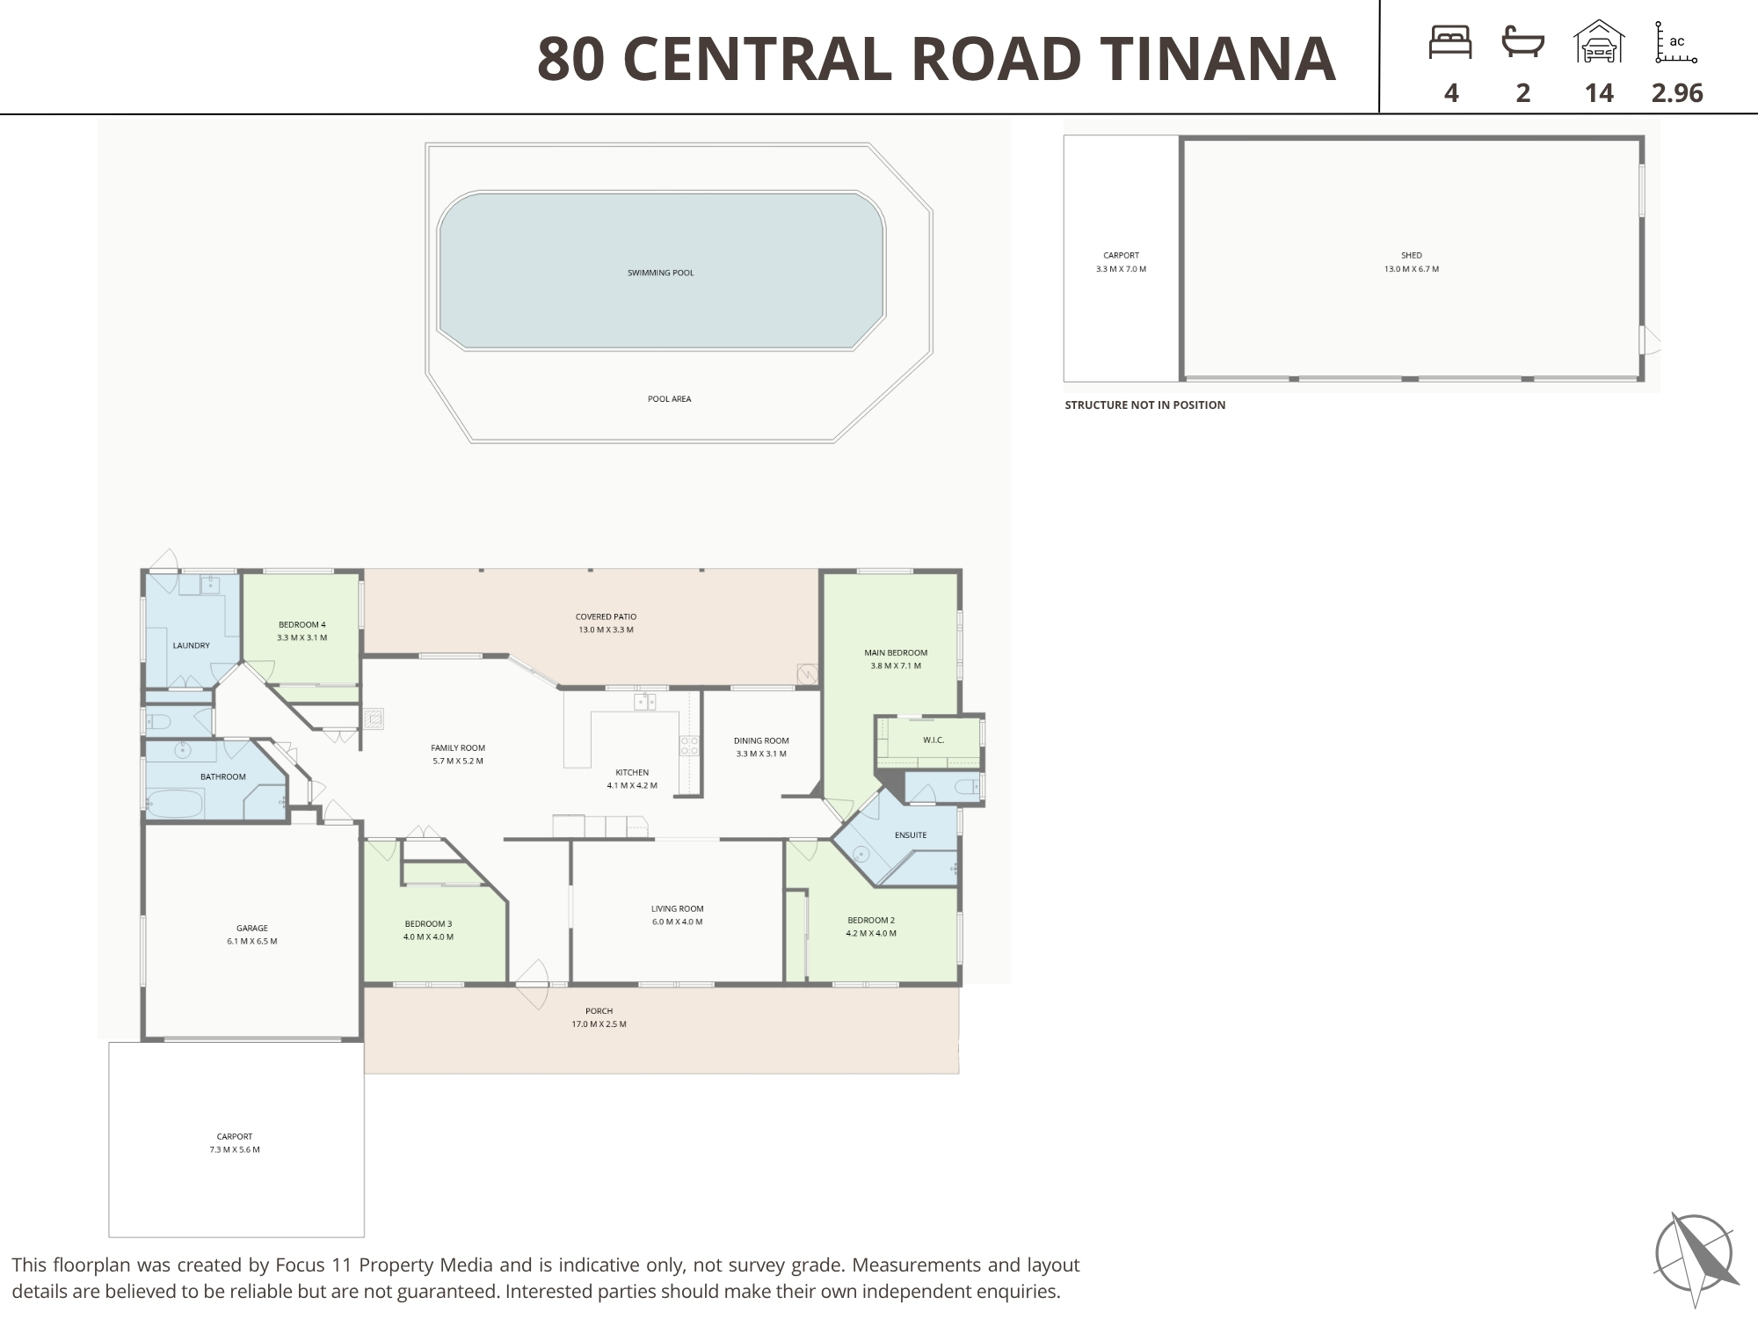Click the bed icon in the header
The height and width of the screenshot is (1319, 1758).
pyautogui.click(x=1450, y=42)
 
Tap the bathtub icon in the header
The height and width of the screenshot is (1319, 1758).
pyautogui.click(x=1523, y=42)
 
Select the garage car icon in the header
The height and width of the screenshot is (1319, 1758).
pyautogui.click(x=1599, y=41)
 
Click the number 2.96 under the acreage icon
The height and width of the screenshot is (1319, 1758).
pyautogui.click(x=1677, y=92)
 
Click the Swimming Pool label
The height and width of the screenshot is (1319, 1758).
pyautogui.click(x=661, y=273)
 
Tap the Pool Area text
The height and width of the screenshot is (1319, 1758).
pyautogui.click(x=670, y=399)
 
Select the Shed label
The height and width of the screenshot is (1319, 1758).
pyautogui.click(x=1412, y=255)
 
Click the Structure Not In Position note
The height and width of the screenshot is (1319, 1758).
pyautogui.click(x=1145, y=405)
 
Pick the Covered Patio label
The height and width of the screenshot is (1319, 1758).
pyautogui.click(x=607, y=616)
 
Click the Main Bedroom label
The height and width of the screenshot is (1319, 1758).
pyautogui.click(x=896, y=652)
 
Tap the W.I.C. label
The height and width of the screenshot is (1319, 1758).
pyautogui.click(x=933, y=740)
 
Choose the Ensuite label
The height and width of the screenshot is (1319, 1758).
pyautogui.click(x=911, y=834)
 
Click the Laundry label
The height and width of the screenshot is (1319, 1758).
pyautogui.click(x=191, y=645)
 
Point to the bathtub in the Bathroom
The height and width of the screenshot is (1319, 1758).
pyautogui.click(x=175, y=804)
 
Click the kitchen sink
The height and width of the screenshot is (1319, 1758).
pyautogui.click(x=645, y=701)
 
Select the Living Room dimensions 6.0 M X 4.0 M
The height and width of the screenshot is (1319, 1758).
pyautogui.click(x=677, y=922)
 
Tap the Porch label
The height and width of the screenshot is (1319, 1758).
pyautogui.click(x=599, y=1011)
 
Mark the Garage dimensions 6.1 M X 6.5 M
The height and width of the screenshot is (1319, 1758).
pyautogui.click(x=252, y=942)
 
